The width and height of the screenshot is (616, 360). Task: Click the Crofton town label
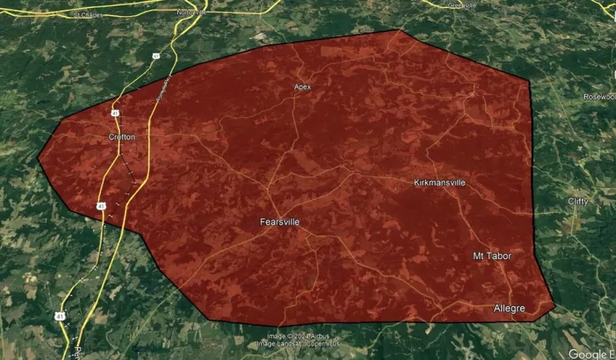tap(122, 137)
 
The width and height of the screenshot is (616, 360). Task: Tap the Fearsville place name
tap(280, 221)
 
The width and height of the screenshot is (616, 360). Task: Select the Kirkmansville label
tap(440, 183)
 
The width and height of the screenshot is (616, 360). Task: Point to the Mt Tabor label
tap(492, 256)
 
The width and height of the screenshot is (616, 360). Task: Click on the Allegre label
tap(509, 309)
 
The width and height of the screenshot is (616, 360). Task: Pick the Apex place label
tap(302, 87)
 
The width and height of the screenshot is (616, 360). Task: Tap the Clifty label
tap(577, 200)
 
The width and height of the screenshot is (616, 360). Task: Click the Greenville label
tap(462, 5)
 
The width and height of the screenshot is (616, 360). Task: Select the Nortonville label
tap(192, 13)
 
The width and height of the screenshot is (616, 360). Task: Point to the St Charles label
tap(88, 14)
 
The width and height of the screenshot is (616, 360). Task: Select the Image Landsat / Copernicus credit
tap(298, 344)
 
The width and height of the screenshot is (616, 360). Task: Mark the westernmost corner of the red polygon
tap(38, 158)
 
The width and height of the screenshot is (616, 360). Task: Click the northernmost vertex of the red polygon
tap(399, 30)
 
